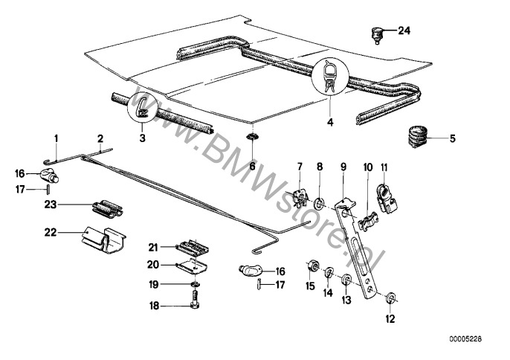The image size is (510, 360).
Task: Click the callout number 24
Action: click(x=404, y=30)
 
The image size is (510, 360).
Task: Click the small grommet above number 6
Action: click(x=252, y=138)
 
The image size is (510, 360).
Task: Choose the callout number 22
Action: click(x=50, y=232)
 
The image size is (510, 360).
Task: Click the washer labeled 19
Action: click(x=194, y=284)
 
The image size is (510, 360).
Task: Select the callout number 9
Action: click(x=343, y=166)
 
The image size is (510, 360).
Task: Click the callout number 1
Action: click(x=55, y=139)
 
